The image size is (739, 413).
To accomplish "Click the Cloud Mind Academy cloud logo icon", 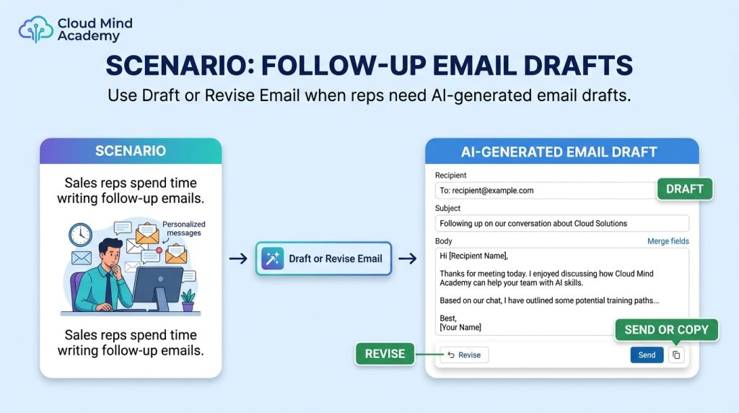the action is pos(36,29).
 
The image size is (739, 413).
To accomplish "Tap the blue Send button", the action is pos(647,355).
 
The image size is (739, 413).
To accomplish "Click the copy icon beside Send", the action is pos(676,355).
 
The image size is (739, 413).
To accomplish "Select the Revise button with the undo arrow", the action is pos(464,355).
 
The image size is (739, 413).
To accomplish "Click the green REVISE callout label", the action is pos(385,354).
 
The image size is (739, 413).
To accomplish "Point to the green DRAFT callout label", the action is pos(685,189).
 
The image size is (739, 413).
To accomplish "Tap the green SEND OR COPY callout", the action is pos(666,330).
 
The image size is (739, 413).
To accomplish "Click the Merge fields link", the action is pos(668,241).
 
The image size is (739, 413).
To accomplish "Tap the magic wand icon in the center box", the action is pos(272,258).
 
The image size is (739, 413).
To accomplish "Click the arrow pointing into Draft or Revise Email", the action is pos(238,258).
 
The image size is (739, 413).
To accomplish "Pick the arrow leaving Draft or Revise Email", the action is pos(408,258).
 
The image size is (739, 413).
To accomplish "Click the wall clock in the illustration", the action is pos(81,235).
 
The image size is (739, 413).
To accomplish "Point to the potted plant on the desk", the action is pos(188,300).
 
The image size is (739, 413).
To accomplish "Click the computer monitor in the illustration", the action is pos(157,288).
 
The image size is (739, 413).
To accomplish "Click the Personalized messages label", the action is pos(184,229).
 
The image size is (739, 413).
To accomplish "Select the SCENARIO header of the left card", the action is pos(131,151).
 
